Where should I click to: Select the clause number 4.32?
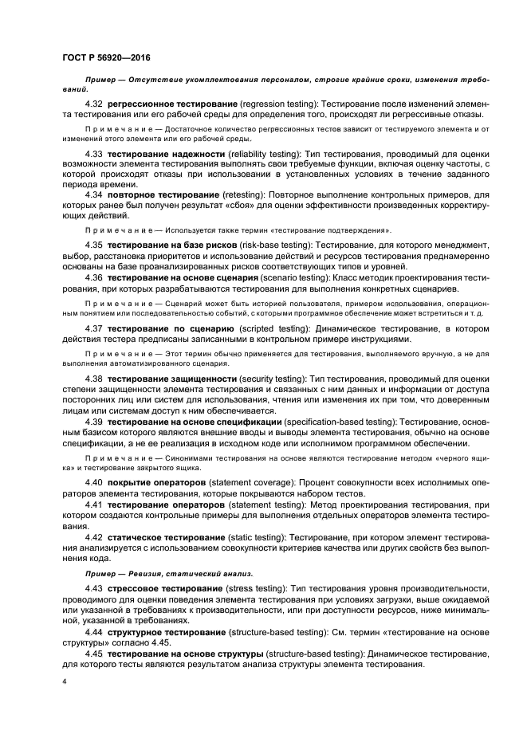point(94,105)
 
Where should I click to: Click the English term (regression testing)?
point(277,105)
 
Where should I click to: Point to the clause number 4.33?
point(94,151)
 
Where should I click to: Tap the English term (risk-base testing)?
point(273,244)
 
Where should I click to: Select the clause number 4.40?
point(94,482)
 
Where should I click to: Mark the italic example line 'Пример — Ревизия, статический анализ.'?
point(158,573)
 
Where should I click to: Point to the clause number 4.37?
point(94,328)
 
